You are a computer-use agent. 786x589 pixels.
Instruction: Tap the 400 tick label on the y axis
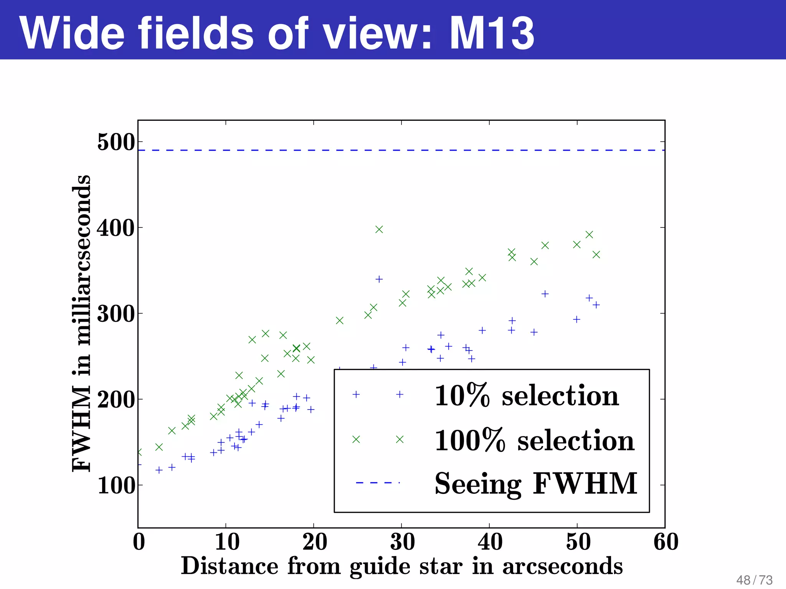[x=116, y=229]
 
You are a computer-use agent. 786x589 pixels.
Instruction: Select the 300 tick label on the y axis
[x=116, y=314]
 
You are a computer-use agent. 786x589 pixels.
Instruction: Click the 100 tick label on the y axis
[x=116, y=486]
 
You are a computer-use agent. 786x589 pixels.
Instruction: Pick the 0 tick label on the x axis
[x=139, y=542]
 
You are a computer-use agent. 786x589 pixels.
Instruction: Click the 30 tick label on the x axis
[x=402, y=542]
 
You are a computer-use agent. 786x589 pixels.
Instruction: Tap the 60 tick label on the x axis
[x=665, y=542]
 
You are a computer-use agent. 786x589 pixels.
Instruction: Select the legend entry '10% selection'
[x=526, y=395]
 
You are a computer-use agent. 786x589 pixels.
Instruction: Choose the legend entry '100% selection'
[x=534, y=440]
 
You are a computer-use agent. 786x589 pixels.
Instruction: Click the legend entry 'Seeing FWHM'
[x=535, y=484]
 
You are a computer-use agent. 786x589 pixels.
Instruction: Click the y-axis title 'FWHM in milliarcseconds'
[x=81, y=323]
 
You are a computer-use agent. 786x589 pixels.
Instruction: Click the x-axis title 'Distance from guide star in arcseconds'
[x=401, y=566]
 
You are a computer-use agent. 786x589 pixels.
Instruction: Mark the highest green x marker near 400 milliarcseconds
[x=379, y=229]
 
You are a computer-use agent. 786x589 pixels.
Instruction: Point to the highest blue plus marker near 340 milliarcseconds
[x=379, y=279]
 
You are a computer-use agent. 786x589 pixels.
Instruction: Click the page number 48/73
[x=754, y=580]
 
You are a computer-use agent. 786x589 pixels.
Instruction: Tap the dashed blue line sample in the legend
[x=378, y=482]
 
